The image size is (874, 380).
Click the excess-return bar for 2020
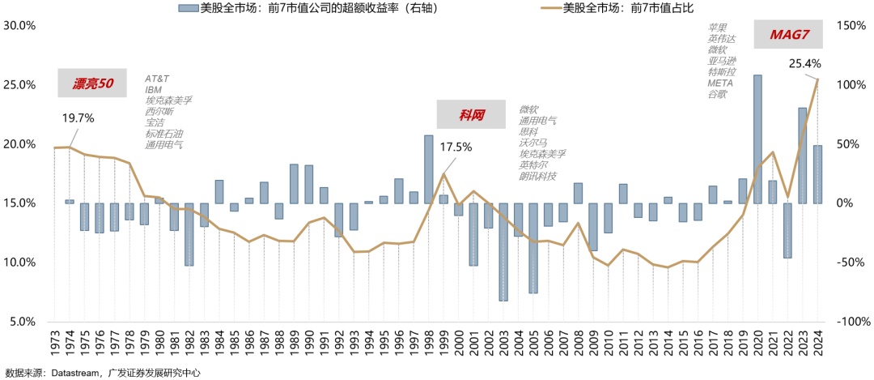click(x=757, y=139)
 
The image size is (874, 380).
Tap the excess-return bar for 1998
click(x=429, y=169)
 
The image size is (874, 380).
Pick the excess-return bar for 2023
click(x=802, y=155)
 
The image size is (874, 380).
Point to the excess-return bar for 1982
click(x=189, y=234)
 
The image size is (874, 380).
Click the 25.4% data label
click(x=804, y=63)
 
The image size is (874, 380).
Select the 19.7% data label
click(x=78, y=118)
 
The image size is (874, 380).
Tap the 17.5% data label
click(x=456, y=147)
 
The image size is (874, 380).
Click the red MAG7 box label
click(x=783, y=35)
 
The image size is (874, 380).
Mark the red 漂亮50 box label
click(x=92, y=83)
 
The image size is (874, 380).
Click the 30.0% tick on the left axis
click(x=19, y=25)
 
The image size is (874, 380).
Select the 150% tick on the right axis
click(x=850, y=25)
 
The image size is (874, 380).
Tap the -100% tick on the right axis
click(x=851, y=322)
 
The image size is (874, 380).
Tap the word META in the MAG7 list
click(x=719, y=83)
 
